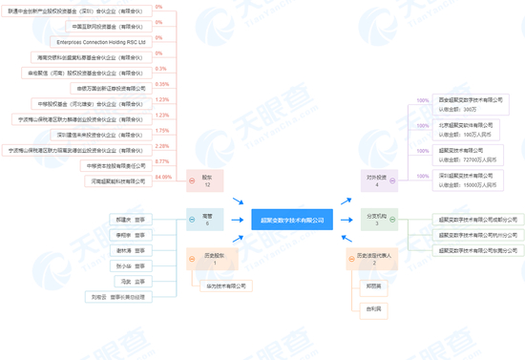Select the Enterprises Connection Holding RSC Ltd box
(x=100, y=43)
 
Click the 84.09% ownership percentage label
(x=161, y=177)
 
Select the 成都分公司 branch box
(x=472, y=220)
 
